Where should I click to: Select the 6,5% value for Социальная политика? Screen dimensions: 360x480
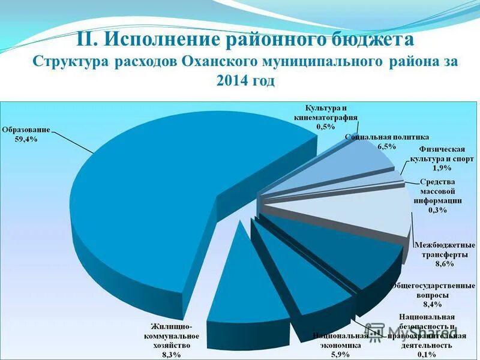click(386, 146)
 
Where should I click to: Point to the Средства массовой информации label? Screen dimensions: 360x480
click(437, 191)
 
